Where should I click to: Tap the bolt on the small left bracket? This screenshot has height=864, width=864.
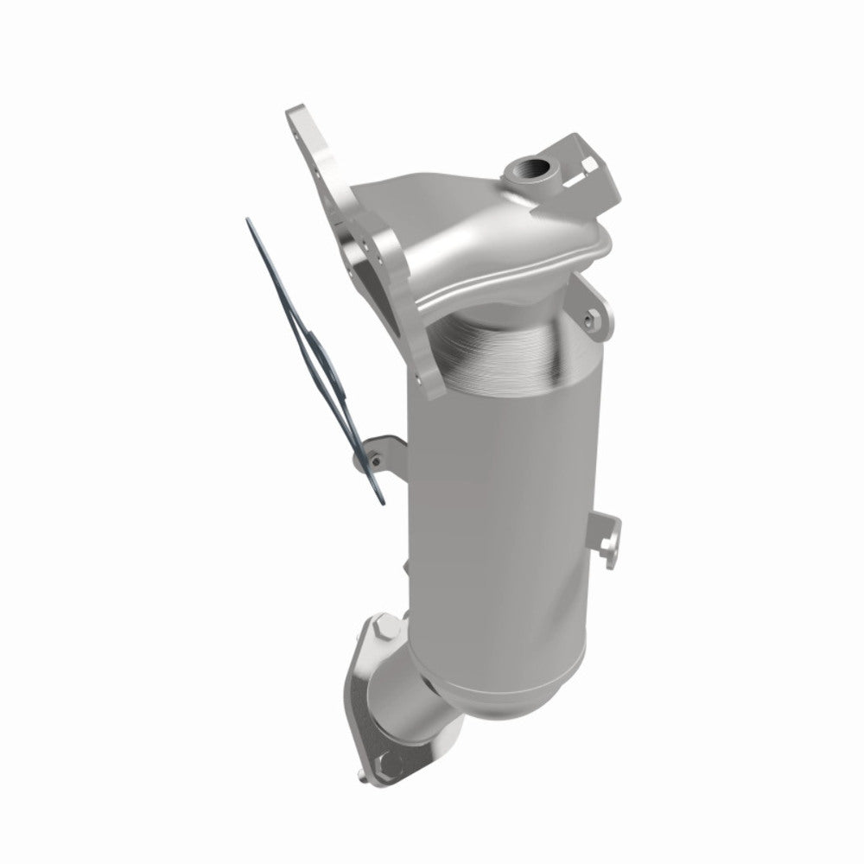[x=373, y=461]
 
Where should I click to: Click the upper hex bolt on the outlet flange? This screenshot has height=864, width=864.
[x=381, y=626]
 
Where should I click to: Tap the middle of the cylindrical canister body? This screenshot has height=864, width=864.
[x=501, y=501]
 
